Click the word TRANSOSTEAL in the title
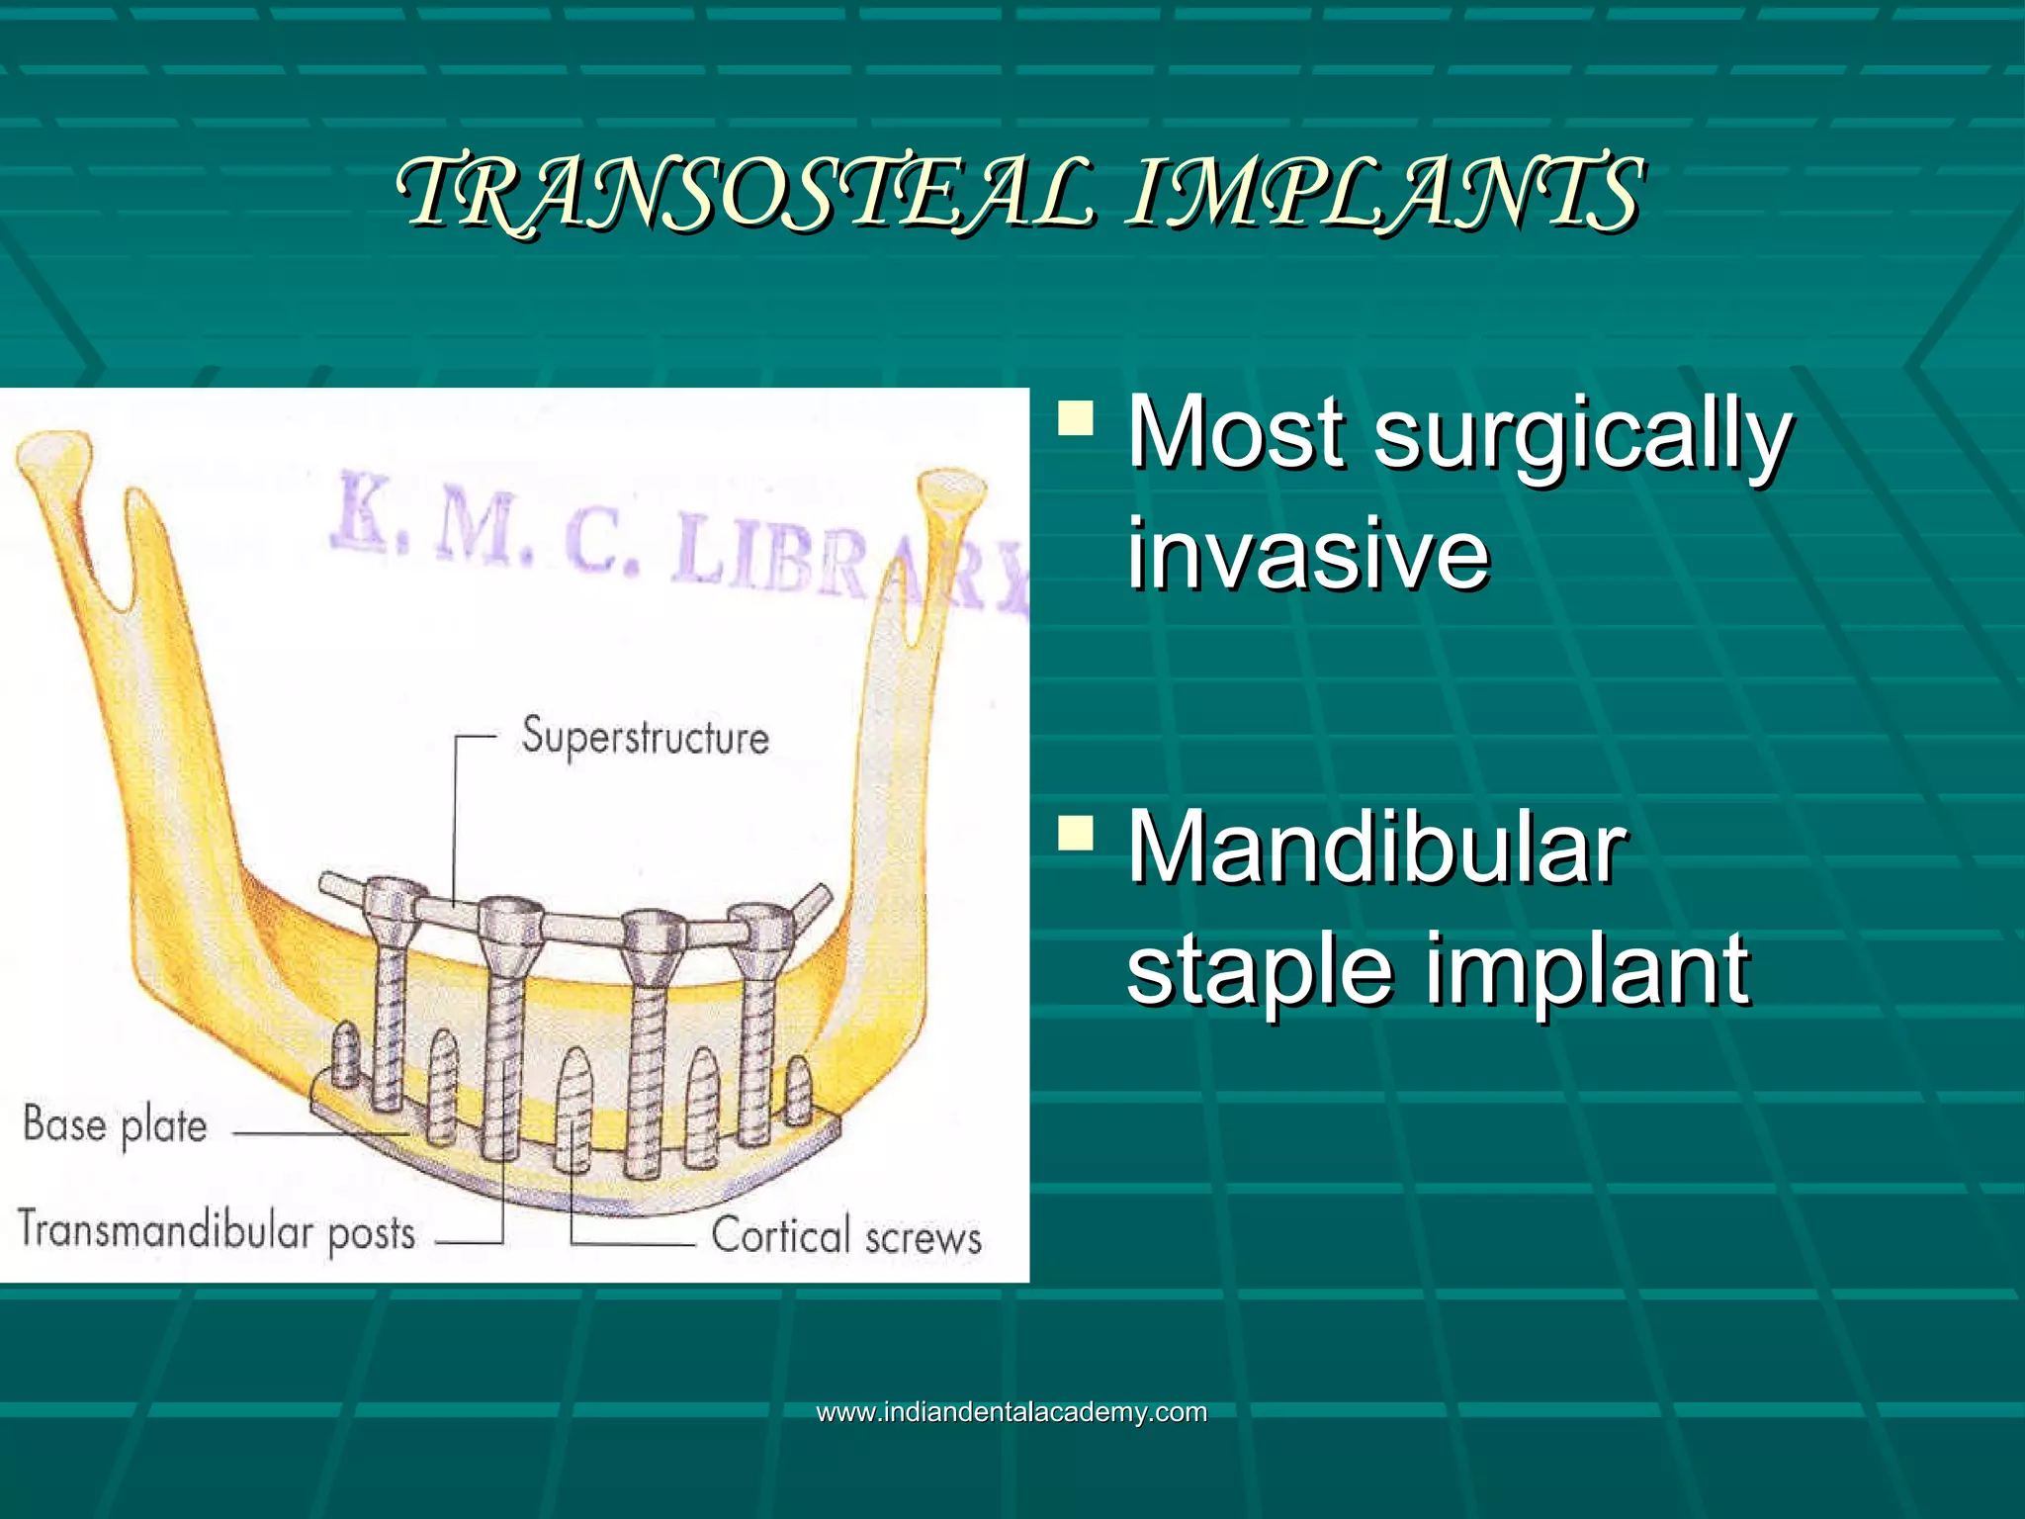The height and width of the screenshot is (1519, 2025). pos(747,193)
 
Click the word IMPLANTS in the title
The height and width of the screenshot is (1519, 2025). pos(1384,193)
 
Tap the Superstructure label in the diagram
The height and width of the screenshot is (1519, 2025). pos(645,737)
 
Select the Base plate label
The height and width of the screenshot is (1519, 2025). pos(115,1125)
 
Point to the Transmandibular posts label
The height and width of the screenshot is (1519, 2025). pos(216,1232)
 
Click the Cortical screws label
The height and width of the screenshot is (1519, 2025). pos(846,1236)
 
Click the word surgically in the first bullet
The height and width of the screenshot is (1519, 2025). pos(1582,435)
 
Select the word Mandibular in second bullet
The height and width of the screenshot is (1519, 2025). pos(1376,849)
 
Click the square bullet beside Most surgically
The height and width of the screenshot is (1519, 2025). pos(1076,418)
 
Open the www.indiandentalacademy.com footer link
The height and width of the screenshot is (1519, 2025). pos(1012,1411)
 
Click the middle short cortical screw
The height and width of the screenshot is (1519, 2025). pos(574,1108)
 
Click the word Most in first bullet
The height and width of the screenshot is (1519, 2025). pos(1236,435)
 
